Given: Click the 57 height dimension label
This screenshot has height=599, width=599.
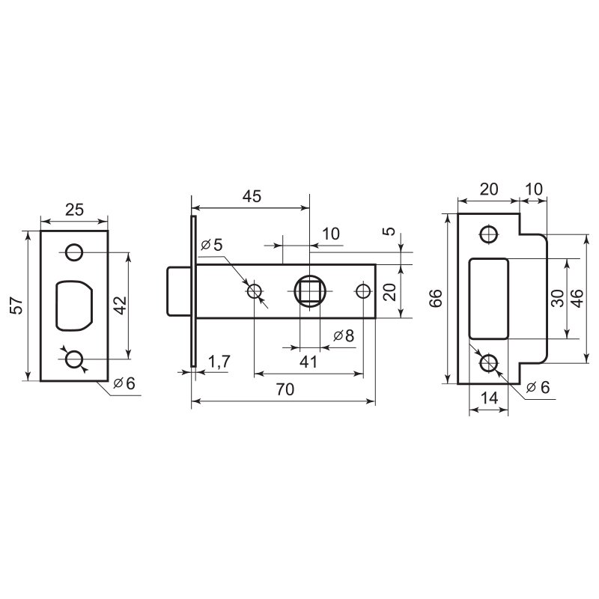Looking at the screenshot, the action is tap(16, 306).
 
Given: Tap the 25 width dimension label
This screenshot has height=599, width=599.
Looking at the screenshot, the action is tap(74, 210).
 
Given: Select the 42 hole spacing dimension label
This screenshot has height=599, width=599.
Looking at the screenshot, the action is tap(121, 305).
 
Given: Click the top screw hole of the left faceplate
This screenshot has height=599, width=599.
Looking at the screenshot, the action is tap(73, 252).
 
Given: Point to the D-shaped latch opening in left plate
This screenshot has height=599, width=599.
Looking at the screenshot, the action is tap(74, 305).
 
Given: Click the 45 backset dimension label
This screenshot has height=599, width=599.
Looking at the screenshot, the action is tap(252, 196).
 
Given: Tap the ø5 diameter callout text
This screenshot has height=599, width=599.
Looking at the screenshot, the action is tap(212, 245).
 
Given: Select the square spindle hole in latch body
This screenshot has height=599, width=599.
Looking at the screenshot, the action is tap(310, 291).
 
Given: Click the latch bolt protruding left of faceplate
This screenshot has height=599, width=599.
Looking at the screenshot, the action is tap(179, 291).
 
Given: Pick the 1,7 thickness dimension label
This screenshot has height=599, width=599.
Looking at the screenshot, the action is tap(219, 361).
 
